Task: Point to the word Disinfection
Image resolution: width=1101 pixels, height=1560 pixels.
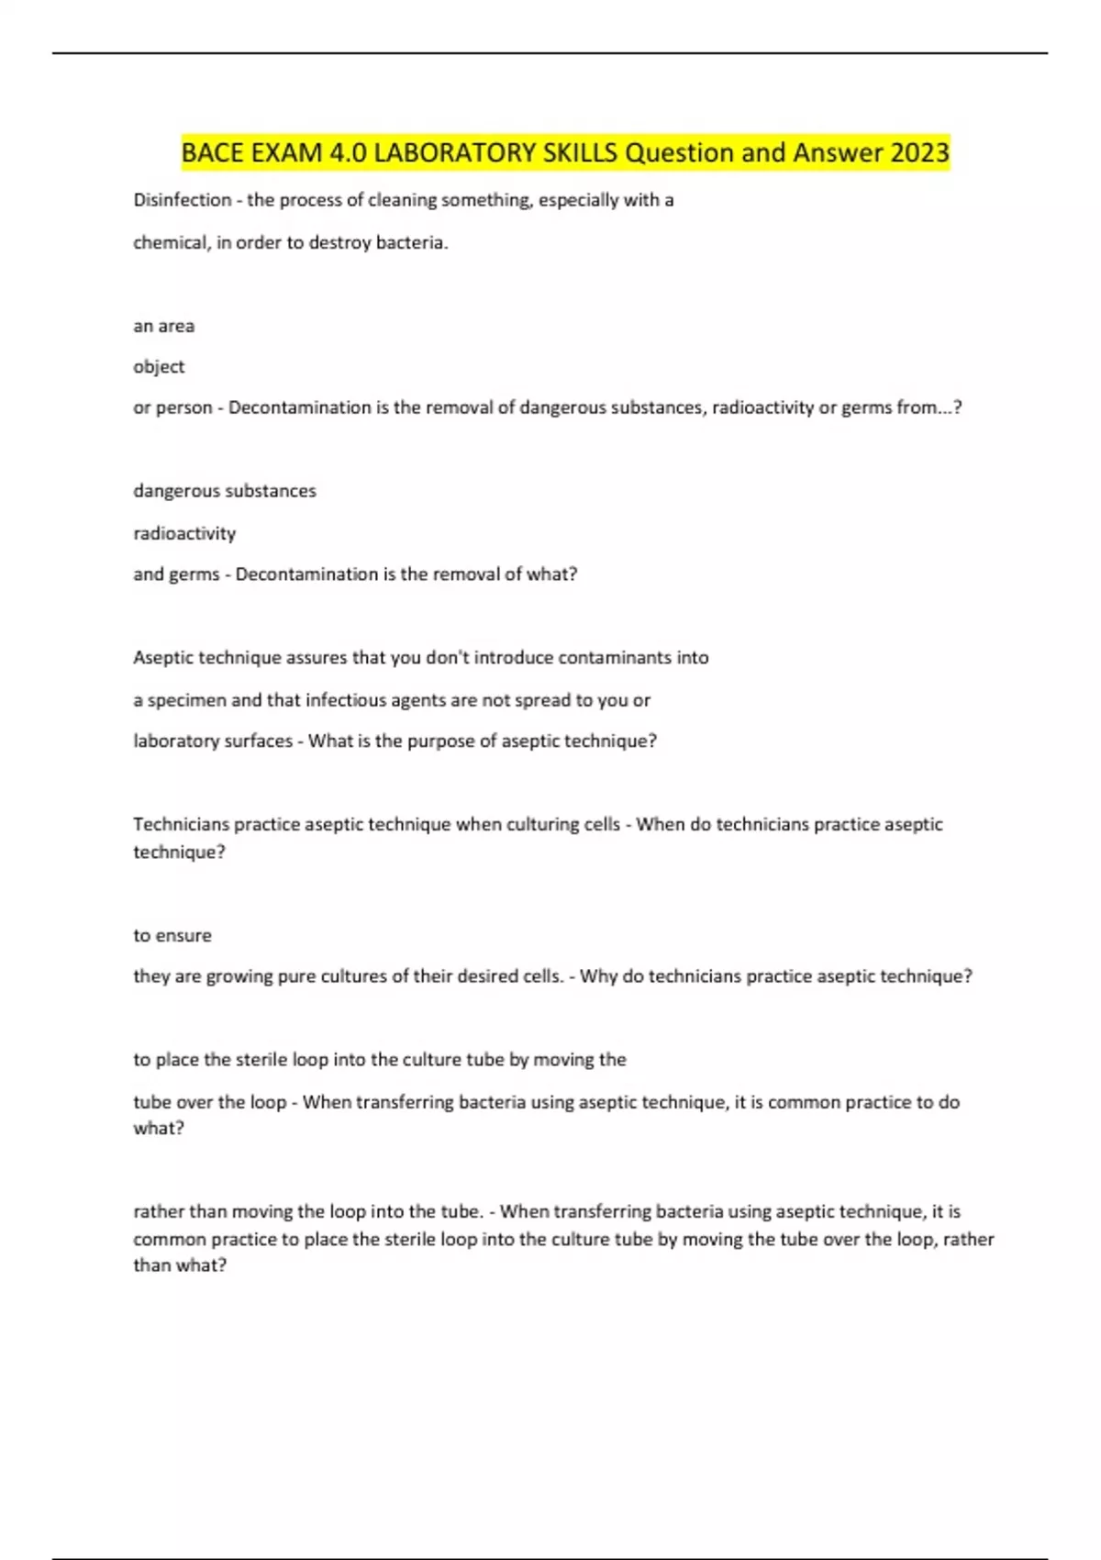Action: [183, 200]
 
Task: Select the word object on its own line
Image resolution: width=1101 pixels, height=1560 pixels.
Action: [159, 367]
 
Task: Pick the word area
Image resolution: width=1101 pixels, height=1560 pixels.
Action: [176, 327]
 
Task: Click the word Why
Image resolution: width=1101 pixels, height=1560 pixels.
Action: [598, 976]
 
